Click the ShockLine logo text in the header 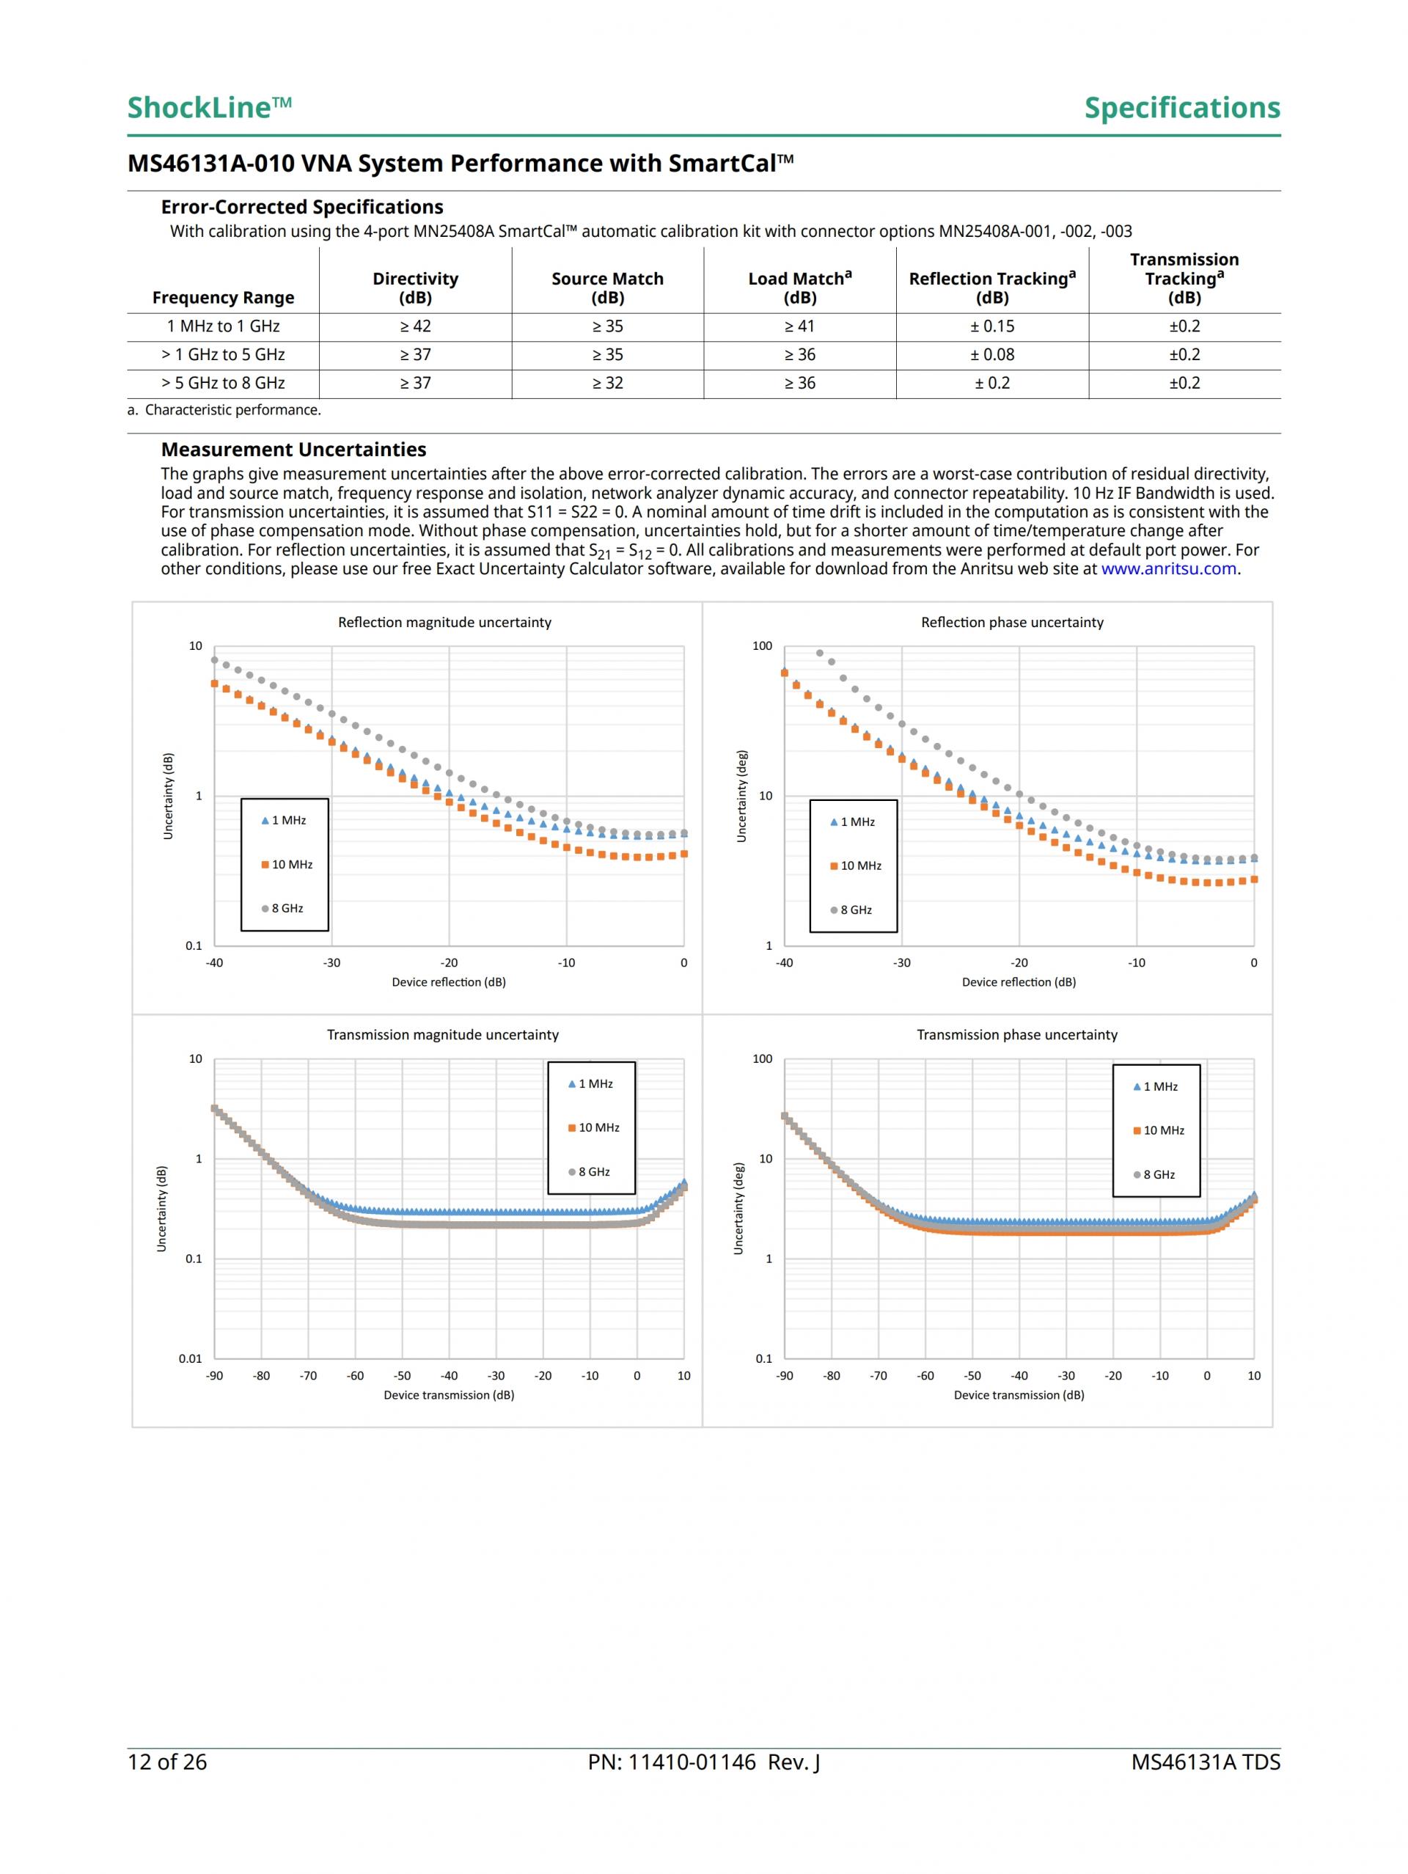tap(209, 108)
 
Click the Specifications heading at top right tap(1182, 108)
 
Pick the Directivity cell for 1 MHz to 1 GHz tap(415, 326)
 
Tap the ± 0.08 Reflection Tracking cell tap(992, 355)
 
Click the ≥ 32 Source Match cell tap(607, 383)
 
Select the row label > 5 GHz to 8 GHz tap(223, 383)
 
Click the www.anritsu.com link tap(1168, 568)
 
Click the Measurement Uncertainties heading tap(293, 450)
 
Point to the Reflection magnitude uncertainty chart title tap(444, 622)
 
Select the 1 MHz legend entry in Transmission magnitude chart tap(591, 1083)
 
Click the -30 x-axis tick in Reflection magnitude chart tap(331, 962)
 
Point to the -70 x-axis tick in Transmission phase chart tap(879, 1375)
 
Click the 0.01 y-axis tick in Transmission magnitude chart tap(191, 1358)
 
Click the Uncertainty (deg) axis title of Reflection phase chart tap(742, 796)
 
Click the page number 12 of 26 tap(167, 1763)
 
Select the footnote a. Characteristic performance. tap(224, 410)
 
